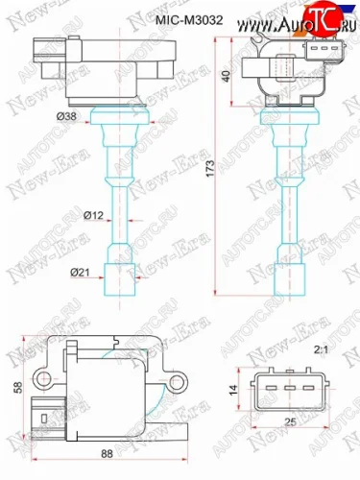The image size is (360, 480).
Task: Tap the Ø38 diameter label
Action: (66, 115)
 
